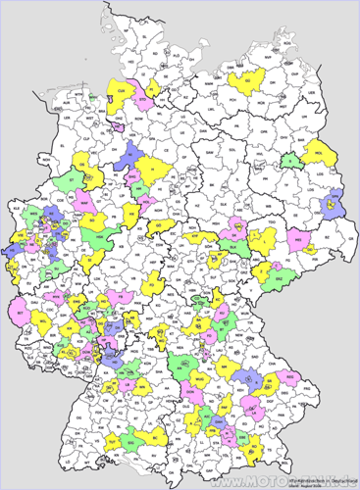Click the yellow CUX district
tap(121, 90)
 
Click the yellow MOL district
tap(317, 155)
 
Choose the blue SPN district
tap(334, 204)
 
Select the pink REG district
tap(290, 376)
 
